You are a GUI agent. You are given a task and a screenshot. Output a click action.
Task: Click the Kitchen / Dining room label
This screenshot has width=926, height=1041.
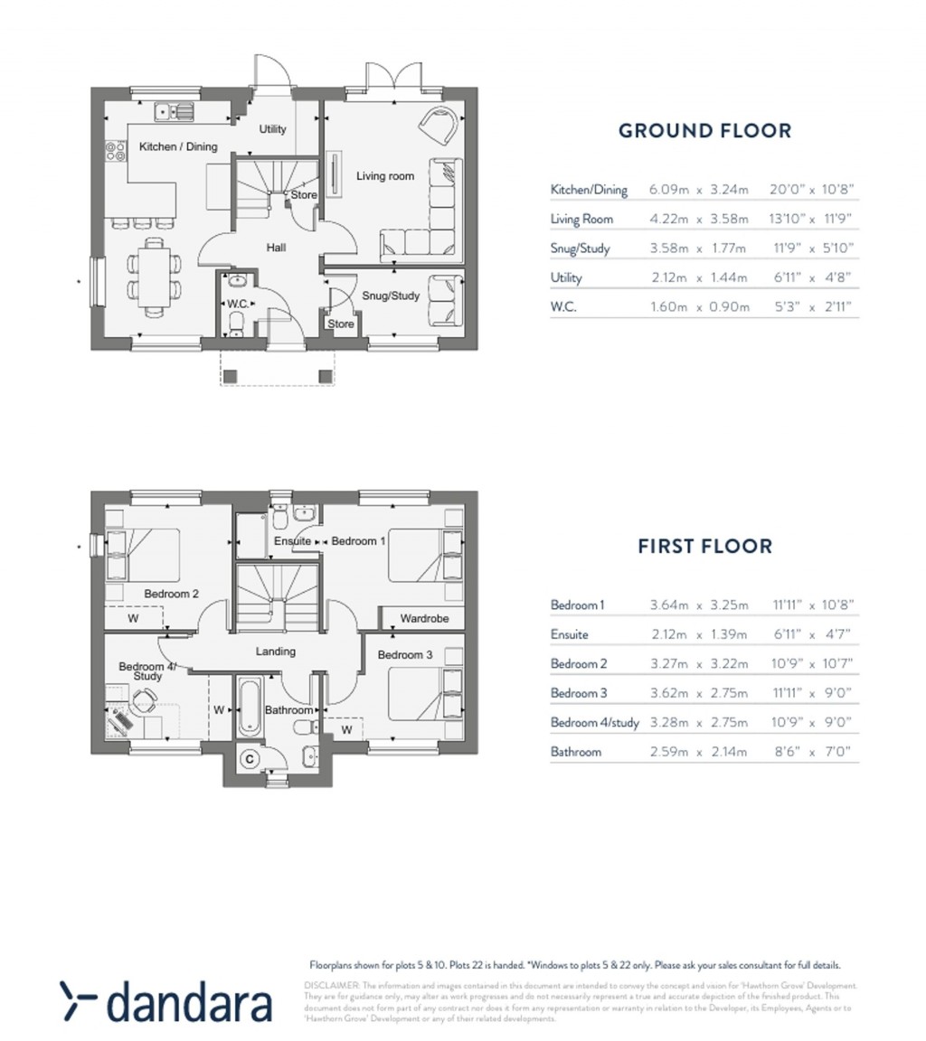point(178,146)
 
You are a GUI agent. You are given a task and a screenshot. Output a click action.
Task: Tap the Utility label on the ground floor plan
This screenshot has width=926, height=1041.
point(272,129)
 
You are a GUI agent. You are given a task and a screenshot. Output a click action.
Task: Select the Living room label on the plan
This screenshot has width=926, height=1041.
point(384,176)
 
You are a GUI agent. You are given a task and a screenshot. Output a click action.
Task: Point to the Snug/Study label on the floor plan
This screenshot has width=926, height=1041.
point(391,295)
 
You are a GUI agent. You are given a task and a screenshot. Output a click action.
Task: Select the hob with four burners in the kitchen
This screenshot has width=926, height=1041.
point(116,150)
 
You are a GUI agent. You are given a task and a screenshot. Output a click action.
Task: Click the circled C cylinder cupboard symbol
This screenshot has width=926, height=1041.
point(249,759)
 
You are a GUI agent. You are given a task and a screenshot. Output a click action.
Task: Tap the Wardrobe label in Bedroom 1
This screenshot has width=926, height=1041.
point(424,619)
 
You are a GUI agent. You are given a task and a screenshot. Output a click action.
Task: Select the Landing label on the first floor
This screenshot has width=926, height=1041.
point(275,652)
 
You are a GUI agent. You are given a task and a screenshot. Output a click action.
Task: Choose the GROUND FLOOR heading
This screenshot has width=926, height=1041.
point(704,131)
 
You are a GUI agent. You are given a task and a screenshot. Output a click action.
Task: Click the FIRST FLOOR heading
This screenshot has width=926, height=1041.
point(704,547)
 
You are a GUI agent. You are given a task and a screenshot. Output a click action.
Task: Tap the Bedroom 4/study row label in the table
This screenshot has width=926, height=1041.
point(594,723)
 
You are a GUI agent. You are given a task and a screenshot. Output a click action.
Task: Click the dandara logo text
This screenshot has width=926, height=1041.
point(189,1004)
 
